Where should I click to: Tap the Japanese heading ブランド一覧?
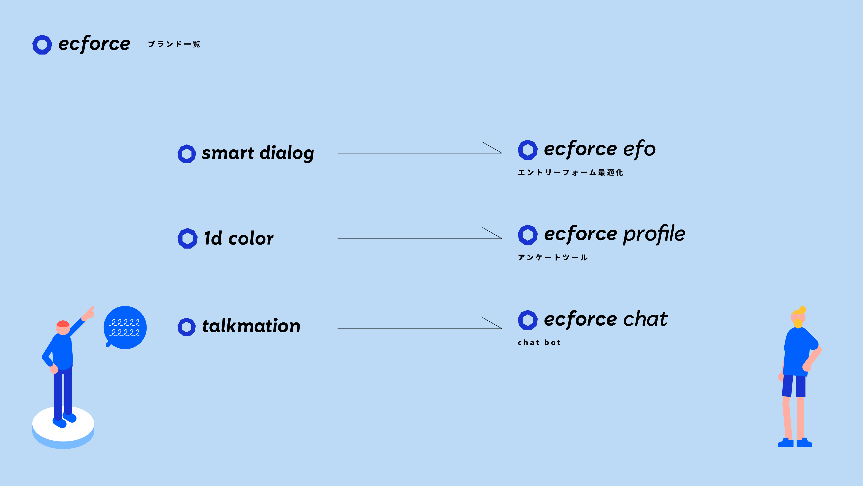[174, 44]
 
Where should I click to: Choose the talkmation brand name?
[251, 326]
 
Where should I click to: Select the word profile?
[654, 234]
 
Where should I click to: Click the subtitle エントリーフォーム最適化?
[571, 172]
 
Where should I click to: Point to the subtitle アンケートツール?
[553, 257]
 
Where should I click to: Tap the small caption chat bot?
[539, 342]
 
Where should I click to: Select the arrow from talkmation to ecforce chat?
[420, 328]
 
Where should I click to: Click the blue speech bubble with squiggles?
[125, 327]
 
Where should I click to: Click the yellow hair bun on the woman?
[802, 309]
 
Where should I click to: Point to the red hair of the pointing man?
[63, 324]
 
